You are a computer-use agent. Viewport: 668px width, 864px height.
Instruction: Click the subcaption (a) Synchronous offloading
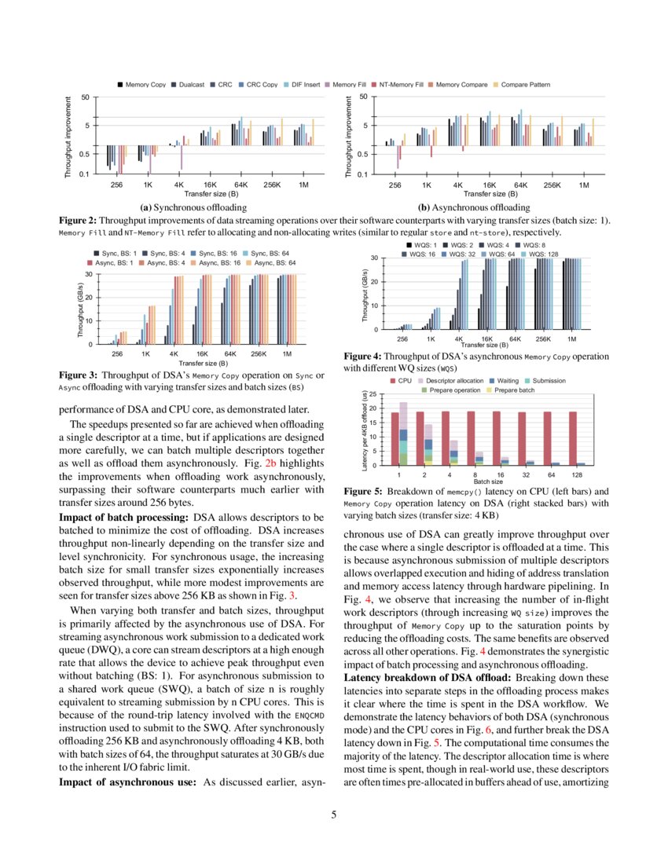click(x=193, y=207)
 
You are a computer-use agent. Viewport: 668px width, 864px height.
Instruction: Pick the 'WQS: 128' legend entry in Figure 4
click(x=540, y=254)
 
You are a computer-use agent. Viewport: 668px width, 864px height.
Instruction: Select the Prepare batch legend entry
click(x=514, y=390)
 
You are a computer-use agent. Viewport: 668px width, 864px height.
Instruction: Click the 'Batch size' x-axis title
click(x=489, y=481)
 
